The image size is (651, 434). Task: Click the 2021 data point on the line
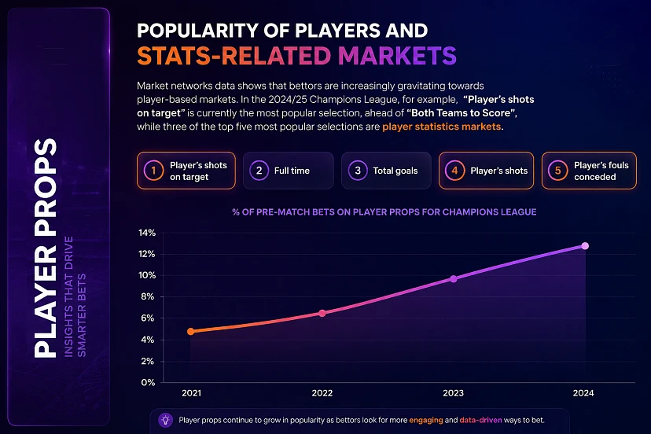pyautogui.click(x=190, y=332)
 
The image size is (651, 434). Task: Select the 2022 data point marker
pyautogui.click(x=322, y=313)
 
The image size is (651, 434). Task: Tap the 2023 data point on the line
pyautogui.click(x=454, y=279)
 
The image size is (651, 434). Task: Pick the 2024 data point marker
pyautogui.click(x=585, y=246)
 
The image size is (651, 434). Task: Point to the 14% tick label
pyautogui.click(x=147, y=233)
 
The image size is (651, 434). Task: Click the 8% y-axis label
pyautogui.click(x=147, y=296)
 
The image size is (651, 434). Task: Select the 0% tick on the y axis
pyautogui.click(x=148, y=382)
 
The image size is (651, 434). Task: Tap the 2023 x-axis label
pyautogui.click(x=453, y=393)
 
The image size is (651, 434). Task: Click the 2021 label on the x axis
pyautogui.click(x=191, y=393)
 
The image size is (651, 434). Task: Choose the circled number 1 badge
pyautogui.click(x=153, y=171)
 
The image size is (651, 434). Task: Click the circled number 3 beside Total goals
pyautogui.click(x=358, y=171)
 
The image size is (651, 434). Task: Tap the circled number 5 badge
pyautogui.click(x=557, y=171)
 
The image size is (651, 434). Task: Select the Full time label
pyautogui.click(x=292, y=171)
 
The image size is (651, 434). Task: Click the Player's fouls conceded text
pyautogui.click(x=601, y=171)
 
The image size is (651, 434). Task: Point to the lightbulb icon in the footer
pyautogui.click(x=166, y=420)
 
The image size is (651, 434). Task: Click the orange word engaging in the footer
pyautogui.click(x=426, y=420)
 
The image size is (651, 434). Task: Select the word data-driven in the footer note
pyautogui.click(x=480, y=420)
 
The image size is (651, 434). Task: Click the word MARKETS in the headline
pyautogui.click(x=397, y=56)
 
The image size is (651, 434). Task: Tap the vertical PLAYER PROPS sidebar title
pyautogui.click(x=46, y=248)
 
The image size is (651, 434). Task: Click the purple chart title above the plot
pyautogui.click(x=384, y=211)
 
